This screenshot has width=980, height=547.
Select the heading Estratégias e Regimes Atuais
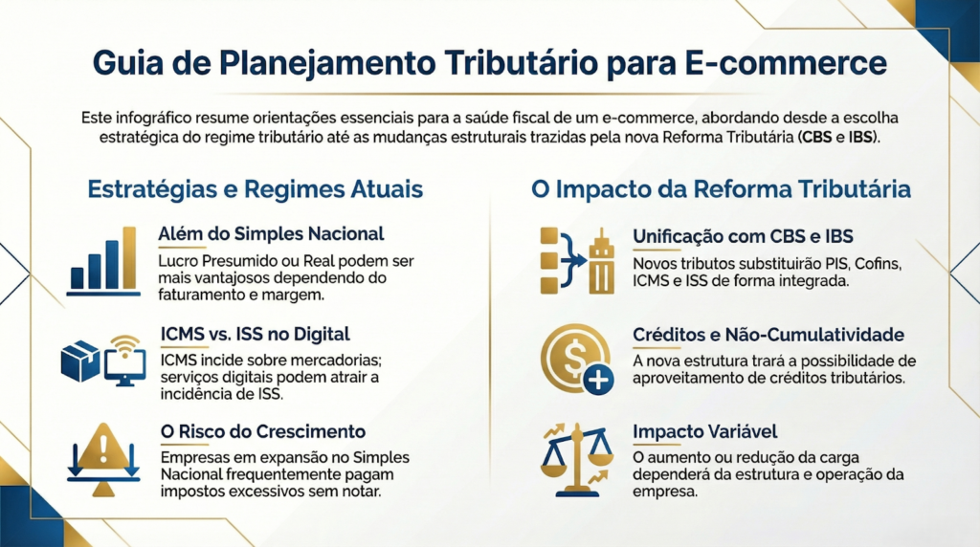(x=255, y=189)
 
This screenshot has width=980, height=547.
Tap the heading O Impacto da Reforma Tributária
(x=721, y=189)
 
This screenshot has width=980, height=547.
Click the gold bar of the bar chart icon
(x=129, y=257)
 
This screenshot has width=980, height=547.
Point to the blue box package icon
(x=80, y=361)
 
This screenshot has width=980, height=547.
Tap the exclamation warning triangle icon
(x=103, y=445)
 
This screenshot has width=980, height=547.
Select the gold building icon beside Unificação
(x=602, y=261)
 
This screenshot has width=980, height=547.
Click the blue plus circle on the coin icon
(x=598, y=380)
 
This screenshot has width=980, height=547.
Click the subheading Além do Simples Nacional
(x=271, y=234)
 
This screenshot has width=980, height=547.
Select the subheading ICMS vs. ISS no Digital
(x=255, y=334)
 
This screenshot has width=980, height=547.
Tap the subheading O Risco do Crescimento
(x=263, y=431)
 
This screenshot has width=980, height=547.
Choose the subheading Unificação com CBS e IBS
(x=743, y=236)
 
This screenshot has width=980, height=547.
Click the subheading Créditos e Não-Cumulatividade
(x=768, y=335)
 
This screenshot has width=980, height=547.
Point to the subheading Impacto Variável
(x=705, y=431)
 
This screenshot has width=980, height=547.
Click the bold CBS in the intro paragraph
(x=816, y=137)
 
